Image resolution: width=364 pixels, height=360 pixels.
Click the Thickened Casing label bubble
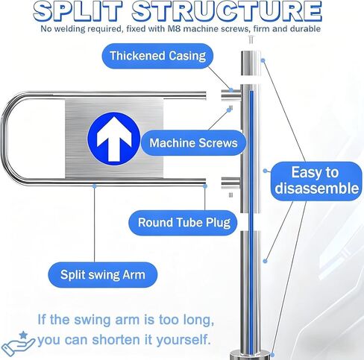pos(157,56)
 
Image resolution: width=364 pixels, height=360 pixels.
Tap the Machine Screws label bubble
pos(193,143)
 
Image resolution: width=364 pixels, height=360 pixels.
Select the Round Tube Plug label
pos(183,223)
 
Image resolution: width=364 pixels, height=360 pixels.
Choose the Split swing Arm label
pos(103,275)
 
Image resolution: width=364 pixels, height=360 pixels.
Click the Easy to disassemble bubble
pos(316,181)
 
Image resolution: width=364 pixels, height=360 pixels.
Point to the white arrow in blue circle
pos(114,139)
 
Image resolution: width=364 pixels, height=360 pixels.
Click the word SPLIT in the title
pos(80,11)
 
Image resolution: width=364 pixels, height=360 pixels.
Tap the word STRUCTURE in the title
pos(227,11)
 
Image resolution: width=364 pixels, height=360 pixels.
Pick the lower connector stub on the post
pos(230,183)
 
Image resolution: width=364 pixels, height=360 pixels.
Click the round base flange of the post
pos(251,355)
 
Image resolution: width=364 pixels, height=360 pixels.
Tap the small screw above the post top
pos(251,40)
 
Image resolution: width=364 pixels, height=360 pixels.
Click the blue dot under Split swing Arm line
pos(95,186)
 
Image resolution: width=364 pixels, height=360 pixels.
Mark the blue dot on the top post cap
pos(263,60)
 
